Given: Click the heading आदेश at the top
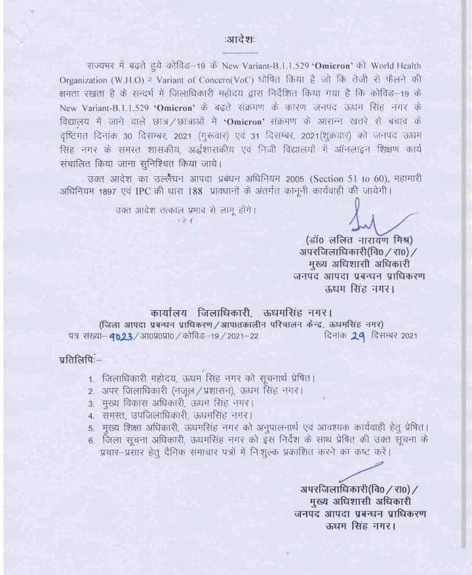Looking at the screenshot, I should [x=237, y=41].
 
